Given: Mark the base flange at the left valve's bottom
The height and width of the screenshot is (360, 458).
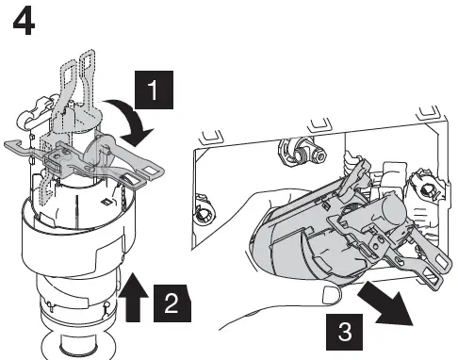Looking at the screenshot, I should click(x=90, y=346).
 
